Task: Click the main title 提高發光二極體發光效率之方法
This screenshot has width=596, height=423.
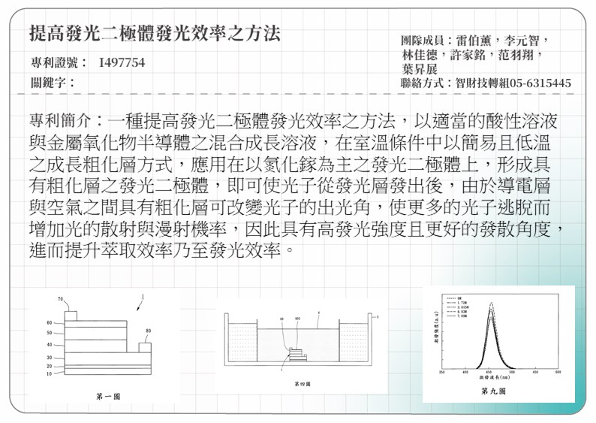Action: click(155, 32)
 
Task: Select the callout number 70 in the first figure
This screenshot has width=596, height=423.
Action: click(60, 300)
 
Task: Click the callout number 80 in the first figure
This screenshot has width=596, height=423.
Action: click(148, 331)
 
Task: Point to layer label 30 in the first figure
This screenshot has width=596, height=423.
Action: click(50, 358)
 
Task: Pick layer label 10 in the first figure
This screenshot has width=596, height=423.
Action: click(50, 373)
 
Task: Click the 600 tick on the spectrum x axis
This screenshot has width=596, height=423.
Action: click(558, 372)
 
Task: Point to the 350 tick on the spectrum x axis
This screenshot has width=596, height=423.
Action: click(443, 372)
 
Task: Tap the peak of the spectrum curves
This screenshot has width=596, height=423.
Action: click(491, 304)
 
